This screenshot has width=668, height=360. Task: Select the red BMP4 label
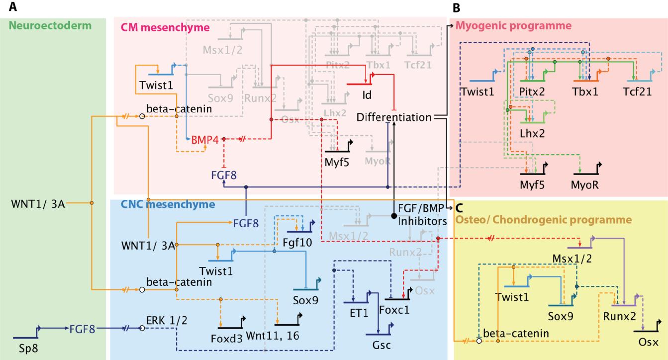tap(205, 140)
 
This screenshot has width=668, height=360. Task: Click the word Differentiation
tap(393, 117)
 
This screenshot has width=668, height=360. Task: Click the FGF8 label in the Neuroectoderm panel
tap(83, 329)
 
